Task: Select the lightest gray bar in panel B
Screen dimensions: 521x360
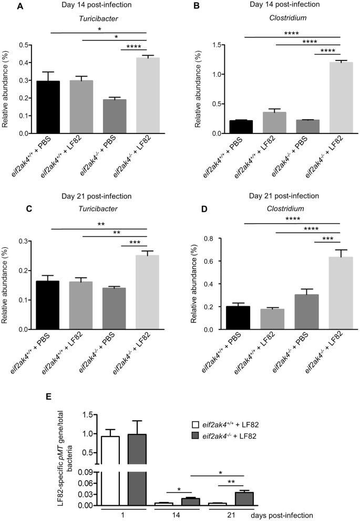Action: pyautogui.click(x=325, y=98)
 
